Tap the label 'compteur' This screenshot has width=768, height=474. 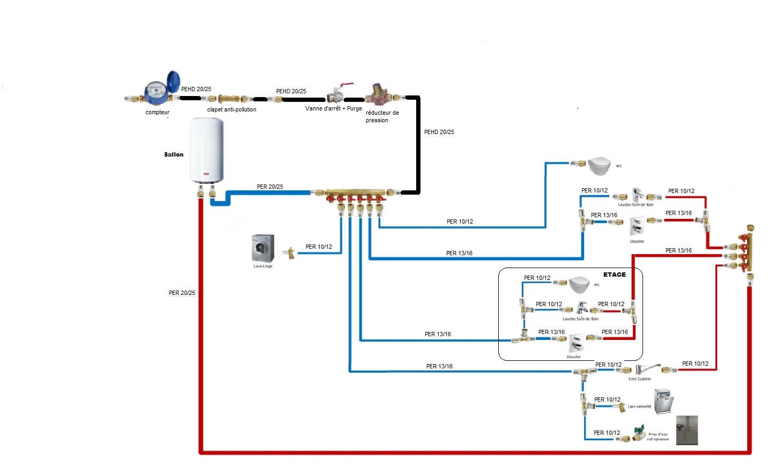point(157,113)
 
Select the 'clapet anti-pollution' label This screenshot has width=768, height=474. point(232,110)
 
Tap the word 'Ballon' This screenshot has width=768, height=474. point(174,155)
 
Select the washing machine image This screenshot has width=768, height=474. point(263,248)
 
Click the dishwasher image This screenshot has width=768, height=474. point(663,402)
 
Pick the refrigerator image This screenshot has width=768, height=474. point(686,430)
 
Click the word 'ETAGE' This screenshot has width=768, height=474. point(615,275)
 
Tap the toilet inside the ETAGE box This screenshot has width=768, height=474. point(579,284)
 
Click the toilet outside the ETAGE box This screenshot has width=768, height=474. point(599,166)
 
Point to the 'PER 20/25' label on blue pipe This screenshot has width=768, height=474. point(270,187)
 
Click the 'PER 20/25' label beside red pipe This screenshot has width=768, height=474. point(182,293)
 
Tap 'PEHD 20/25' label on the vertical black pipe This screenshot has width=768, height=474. point(439,132)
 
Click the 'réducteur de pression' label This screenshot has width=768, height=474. point(382,117)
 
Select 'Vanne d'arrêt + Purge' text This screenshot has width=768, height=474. point(333,109)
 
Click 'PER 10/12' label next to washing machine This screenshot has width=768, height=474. point(319,247)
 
